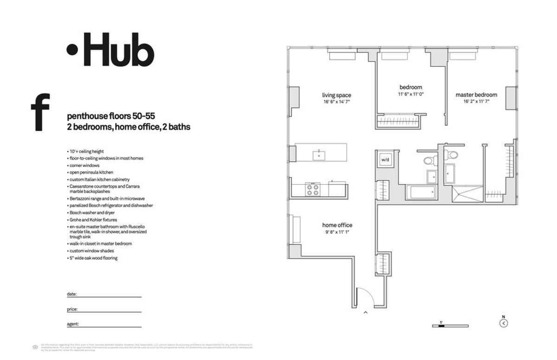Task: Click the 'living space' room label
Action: click(x=337, y=95)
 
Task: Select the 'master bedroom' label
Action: click(x=476, y=95)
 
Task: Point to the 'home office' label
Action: click(x=337, y=225)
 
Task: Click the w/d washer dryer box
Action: click(x=385, y=160)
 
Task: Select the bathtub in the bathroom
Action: click(x=421, y=193)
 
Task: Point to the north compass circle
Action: click(x=504, y=323)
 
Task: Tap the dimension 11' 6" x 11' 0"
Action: click(x=411, y=94)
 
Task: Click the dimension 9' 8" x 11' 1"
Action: click(x=337, y=232)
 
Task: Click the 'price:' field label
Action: click(x=72, y=309)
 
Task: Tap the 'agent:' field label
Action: click(x=73, y=324)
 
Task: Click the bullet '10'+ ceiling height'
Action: click(x=87, y=151)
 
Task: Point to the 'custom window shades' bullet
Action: click(x=91, y=251)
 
